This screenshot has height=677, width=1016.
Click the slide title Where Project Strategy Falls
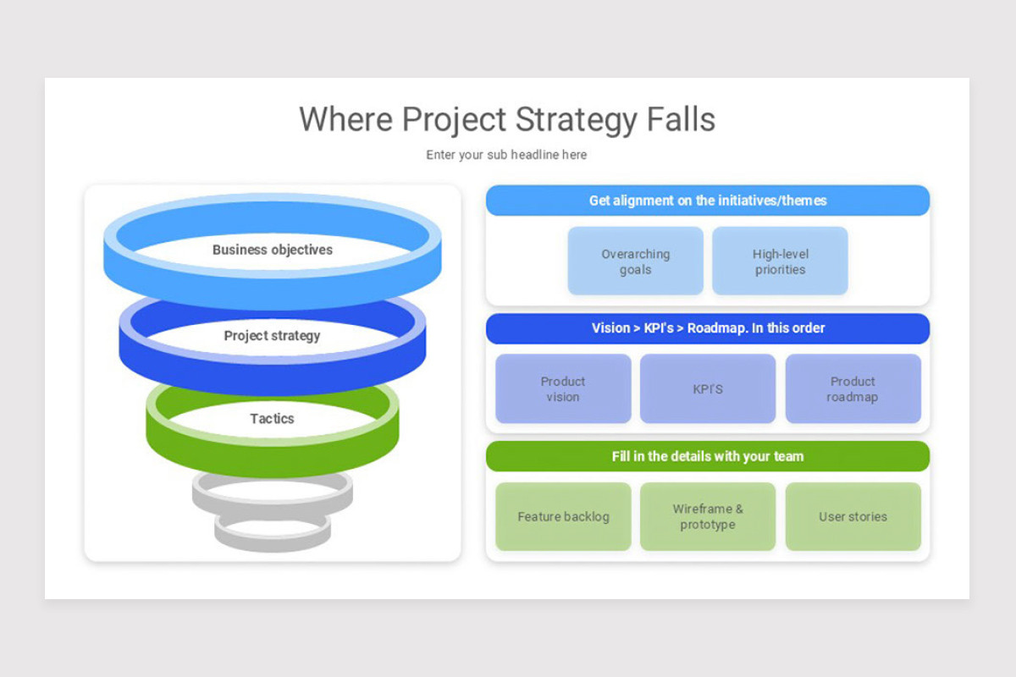coord(507,119)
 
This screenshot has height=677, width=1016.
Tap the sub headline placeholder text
coord(506,155)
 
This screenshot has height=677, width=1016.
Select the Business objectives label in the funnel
coord(272,250)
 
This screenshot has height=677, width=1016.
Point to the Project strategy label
coord(272,336)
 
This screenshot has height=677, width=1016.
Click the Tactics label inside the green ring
coord(272,419)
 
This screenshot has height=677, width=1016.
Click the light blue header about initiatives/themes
coord(708,201)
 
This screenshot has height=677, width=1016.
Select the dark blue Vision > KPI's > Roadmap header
coord(708,328)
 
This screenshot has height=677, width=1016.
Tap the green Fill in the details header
coord(708,456)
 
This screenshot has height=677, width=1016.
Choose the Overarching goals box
coord(636,261)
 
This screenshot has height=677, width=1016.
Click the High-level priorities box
coord(780,261)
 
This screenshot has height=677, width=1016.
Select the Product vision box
coord(563,388)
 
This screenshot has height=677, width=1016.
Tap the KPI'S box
coord(708,388)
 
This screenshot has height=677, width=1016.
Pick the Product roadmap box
coord(853,388)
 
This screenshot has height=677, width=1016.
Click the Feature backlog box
coord(563,516)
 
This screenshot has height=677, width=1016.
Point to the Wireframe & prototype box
coord(708,516)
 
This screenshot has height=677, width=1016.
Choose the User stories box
coord(853,516)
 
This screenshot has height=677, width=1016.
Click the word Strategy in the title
coord(577,121)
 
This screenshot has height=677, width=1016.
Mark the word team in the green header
coord(789,456)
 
